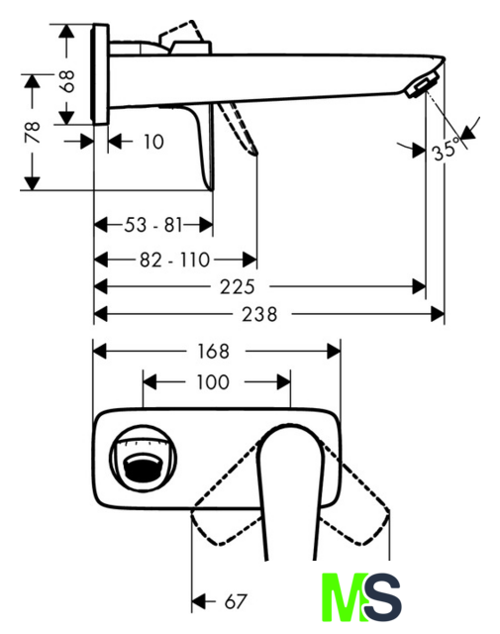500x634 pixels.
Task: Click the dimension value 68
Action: point(68,81)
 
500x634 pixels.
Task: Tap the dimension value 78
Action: point(33,132)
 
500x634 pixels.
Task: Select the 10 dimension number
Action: point(154,142)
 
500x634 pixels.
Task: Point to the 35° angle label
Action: point(446,150)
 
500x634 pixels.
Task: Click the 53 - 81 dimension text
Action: point(153,225)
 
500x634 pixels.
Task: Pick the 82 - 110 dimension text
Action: point(174,260)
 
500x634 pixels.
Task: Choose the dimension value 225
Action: point(238,287)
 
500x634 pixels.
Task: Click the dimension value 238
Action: point(259,314)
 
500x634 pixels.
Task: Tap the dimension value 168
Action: point(213,351)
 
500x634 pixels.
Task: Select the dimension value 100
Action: point(213,382)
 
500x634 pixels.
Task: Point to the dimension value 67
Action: point(236,601)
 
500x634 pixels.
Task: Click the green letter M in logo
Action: point(345,597)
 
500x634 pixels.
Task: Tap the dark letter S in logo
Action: point(382,597)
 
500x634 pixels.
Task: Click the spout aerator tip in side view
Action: point(422,86)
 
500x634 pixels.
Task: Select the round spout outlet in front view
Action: point(144,460)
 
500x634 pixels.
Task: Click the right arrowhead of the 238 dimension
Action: point(438,314)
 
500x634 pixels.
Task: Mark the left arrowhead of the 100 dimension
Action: point(150,381)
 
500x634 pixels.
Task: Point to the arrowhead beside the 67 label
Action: point(198,601)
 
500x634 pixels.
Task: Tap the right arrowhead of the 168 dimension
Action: point(334,351)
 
